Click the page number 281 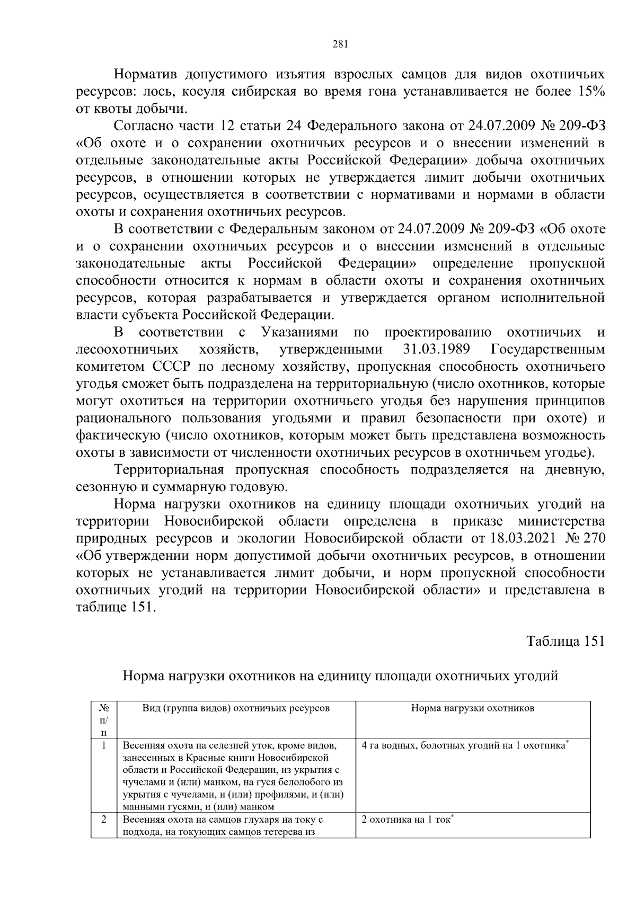pos(340,44)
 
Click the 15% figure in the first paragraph pos(588,92)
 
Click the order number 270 pos(593,539)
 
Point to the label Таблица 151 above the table pos(565,641)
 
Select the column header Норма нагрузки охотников pos(473,708)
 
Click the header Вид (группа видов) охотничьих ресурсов pos(236,708)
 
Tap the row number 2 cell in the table pos(104,820)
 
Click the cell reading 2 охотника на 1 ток pos(408,820)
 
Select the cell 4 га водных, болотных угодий pos(465,745)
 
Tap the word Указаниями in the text pos(300,333)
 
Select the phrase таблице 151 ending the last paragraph pos(116,608)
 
